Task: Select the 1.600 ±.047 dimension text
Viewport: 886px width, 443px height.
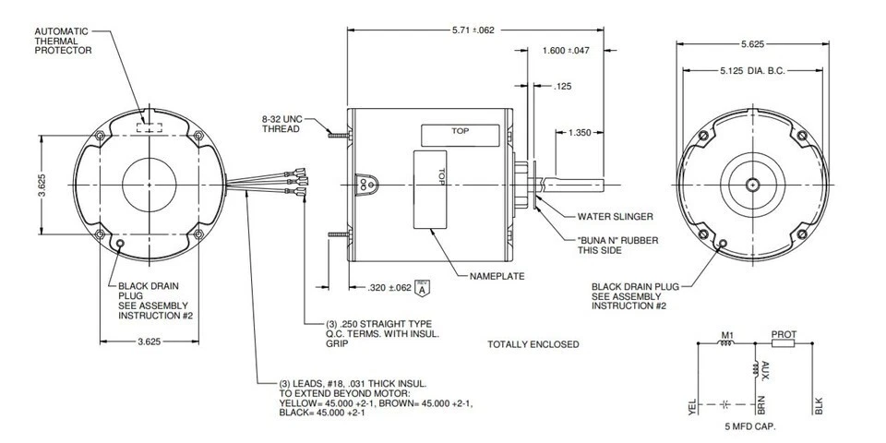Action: [567, 50]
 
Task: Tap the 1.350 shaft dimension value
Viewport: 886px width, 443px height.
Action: [580, 133]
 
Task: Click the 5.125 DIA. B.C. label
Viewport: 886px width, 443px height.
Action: [751, 70]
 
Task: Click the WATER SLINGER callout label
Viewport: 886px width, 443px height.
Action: [615, 217]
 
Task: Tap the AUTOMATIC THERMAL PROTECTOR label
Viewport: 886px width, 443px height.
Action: [63, 41]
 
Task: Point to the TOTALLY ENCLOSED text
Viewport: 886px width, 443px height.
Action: [533, 344]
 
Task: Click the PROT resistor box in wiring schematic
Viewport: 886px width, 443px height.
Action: [783, 343]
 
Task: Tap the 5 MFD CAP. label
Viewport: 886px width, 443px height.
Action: [750, 427]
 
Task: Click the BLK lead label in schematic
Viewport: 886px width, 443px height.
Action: [818, 405]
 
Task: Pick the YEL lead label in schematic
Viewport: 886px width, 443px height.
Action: [692, 405]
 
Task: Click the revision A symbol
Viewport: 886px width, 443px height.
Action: [424, 288]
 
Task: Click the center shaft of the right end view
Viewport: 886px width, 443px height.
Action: [754, 185]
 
